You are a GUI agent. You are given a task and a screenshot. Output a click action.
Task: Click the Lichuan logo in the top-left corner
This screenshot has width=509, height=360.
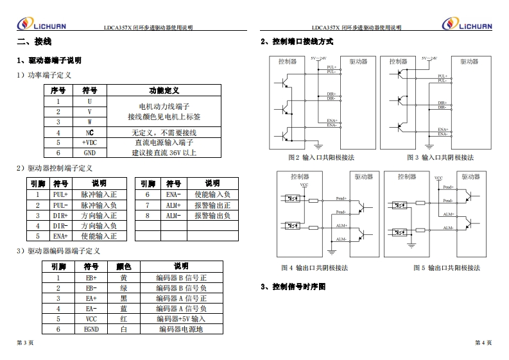click(41, 24)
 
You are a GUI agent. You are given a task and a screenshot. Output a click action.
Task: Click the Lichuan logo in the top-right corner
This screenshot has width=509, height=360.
click(467, 24)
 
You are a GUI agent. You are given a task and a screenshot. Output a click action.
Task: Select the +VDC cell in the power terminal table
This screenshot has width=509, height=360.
click(89, 142)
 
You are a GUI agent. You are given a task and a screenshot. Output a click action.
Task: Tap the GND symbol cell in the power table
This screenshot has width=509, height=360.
click(89, 153)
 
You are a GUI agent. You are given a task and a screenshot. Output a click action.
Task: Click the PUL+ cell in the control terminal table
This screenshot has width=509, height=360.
click(60, 194)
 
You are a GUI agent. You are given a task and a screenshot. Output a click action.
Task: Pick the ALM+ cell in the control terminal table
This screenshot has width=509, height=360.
click(173, 205)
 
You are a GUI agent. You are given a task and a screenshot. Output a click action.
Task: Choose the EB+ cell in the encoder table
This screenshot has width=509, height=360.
click(91, 278)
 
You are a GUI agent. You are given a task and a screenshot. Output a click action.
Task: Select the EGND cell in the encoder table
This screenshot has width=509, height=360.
click(91, 329)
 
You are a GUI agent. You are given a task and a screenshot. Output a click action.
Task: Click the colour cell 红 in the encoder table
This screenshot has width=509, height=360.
click(124, 319)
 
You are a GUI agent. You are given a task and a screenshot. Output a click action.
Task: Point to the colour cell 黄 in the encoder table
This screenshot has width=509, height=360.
click(124, 278)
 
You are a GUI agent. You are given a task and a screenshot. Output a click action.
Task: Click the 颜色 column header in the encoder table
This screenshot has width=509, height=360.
click(124, 266)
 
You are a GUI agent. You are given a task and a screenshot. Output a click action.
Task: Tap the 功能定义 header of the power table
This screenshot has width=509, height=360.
click(164, 90)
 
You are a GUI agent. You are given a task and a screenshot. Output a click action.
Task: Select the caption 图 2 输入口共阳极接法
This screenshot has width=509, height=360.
click(322, 157)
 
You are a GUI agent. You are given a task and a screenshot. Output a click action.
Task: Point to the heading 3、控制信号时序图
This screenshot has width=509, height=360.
click(293, 286)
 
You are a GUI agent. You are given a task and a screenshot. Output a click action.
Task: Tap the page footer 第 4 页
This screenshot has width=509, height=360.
click(483, 343)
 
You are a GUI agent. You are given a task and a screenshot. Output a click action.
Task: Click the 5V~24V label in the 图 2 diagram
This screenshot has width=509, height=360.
click(318, 58)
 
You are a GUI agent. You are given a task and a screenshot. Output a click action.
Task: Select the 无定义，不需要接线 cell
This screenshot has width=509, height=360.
click(164, 132)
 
